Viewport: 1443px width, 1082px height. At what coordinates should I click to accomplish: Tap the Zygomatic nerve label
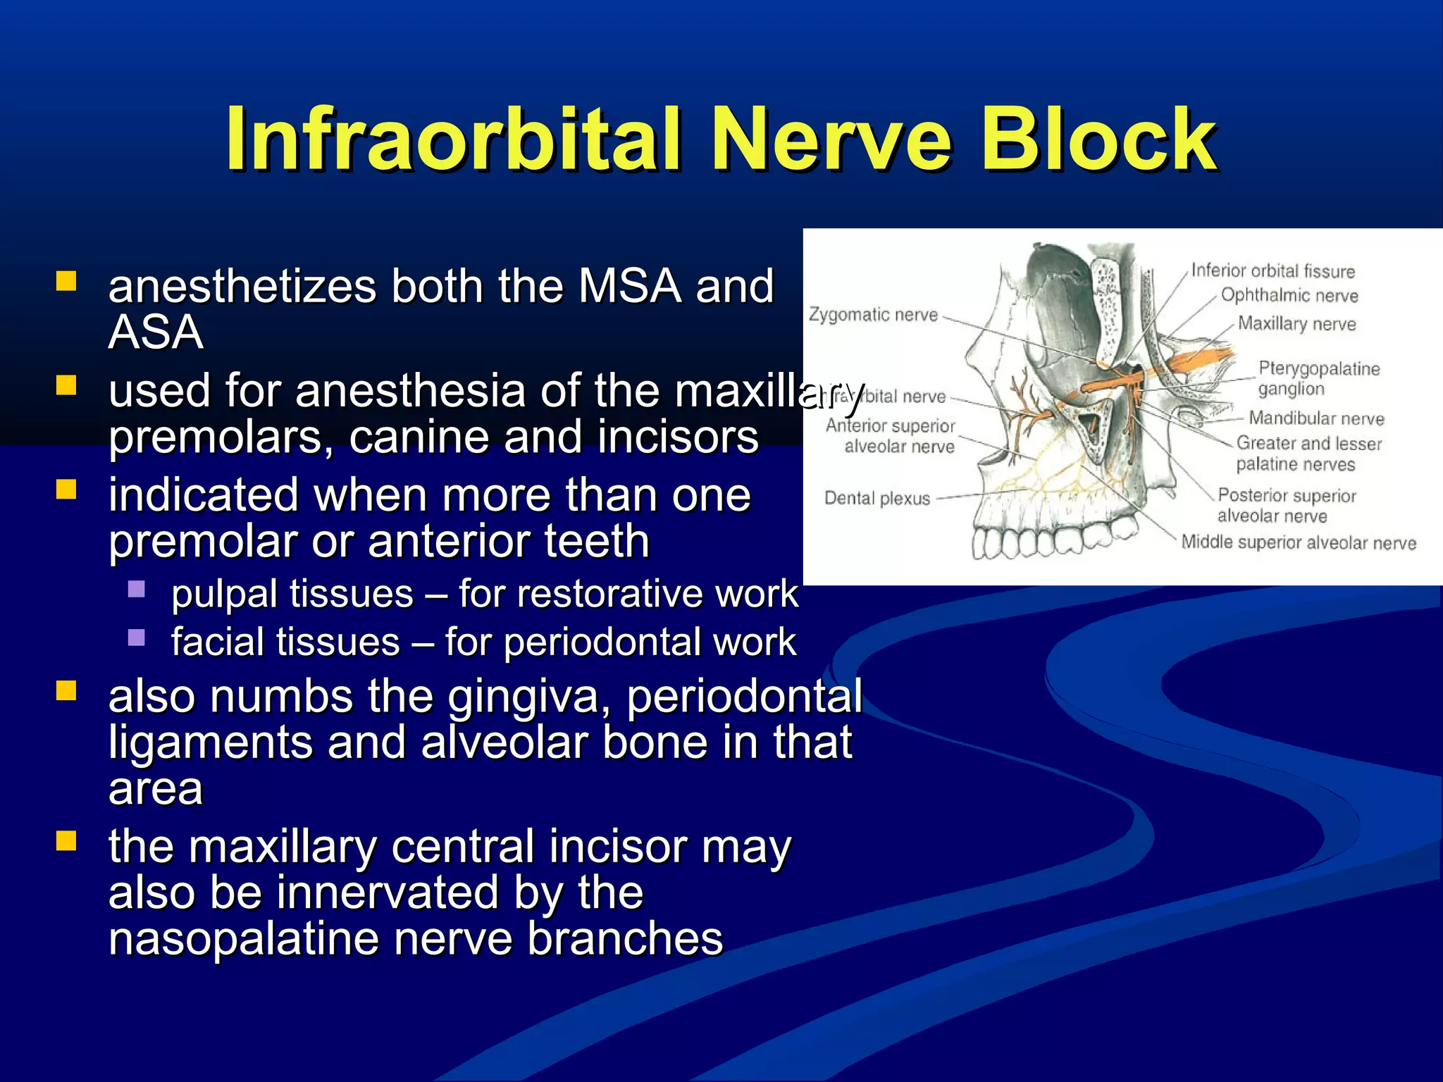(x=873, y=315)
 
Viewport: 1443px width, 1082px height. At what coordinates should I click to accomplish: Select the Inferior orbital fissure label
(x=1272, y=271)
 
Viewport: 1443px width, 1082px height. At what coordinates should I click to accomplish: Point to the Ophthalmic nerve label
(x=1289, y=296)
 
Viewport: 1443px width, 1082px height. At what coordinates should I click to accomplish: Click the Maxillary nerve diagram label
(x=1296, y=324)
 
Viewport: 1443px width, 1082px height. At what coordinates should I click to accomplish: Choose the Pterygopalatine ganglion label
(x=1318, y=378)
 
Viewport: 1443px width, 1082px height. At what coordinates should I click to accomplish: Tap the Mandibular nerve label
(x=1316, y=418)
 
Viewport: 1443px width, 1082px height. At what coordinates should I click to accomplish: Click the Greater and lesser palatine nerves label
(x=1308, y=454)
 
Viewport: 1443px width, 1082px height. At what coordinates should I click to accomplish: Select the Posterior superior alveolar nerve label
(x=1286, y=506)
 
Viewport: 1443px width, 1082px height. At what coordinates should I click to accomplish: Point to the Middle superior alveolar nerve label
(x=1299, y=542)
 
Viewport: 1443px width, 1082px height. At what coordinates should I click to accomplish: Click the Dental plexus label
(x=877, y=499)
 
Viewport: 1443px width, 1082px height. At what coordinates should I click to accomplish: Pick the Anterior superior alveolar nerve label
(x=891, y=436)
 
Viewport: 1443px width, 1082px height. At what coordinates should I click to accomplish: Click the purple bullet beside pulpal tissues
(x=137, y=589)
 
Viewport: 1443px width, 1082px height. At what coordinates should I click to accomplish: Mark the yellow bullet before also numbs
(x=66, y=690)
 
